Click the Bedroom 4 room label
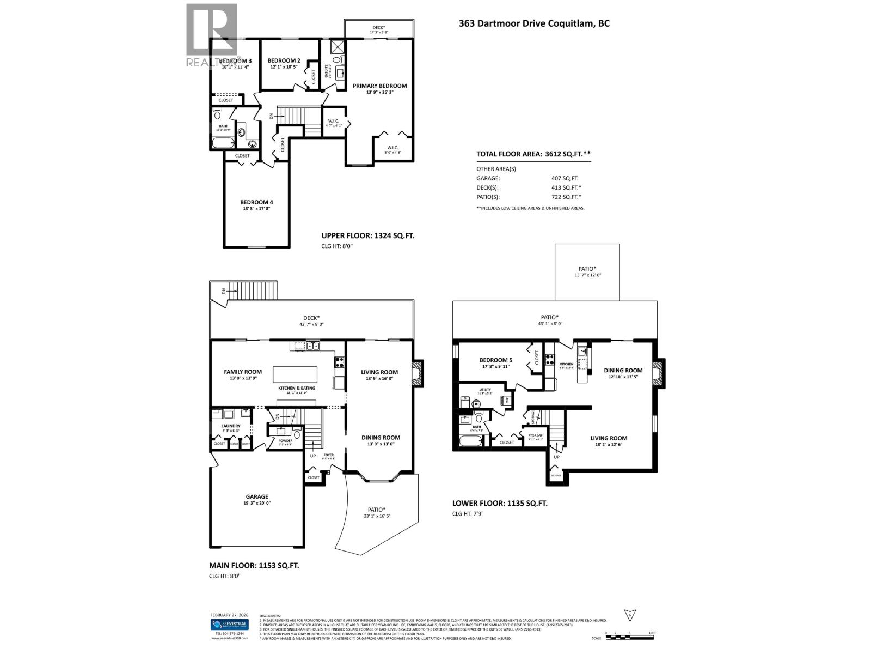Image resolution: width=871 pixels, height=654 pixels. coord(256,202)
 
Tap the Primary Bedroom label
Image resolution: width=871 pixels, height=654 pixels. coord(379,86)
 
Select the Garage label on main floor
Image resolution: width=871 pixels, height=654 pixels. coord(256,496)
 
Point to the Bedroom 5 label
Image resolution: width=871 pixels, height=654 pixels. coord(495,360)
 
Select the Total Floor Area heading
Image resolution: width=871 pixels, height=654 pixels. coord(533,154)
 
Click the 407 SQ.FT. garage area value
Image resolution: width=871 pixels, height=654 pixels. coord(565,178)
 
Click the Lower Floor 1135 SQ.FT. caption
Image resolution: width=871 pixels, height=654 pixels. coord(500,504)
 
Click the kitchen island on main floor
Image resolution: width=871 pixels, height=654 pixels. coord(295,374)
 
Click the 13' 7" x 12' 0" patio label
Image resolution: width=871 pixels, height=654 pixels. coord(587,275)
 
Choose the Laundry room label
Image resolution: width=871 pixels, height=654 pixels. coord(231,426)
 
